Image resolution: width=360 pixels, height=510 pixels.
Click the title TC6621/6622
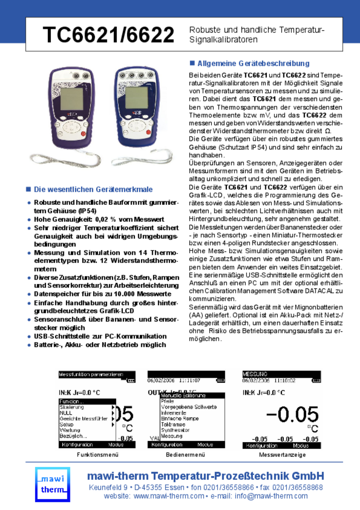[x=109, y=35]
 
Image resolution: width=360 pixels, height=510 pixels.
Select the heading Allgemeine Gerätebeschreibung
[x=253, y=64]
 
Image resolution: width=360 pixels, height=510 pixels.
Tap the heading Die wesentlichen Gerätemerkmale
[x=93, y=189]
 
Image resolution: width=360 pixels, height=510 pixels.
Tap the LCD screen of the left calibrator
[x=72, y=98]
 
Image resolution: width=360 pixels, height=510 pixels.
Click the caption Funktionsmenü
[x=98, y=455]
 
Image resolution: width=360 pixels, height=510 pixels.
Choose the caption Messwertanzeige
[x=282, y=455]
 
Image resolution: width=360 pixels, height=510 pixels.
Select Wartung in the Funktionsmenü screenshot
[x=70, y=430]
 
